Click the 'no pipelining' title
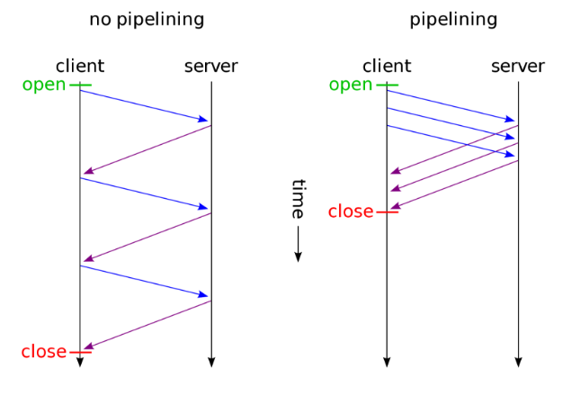pos(146,19)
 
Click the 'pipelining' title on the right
pos(452,19)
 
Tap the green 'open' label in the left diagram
pos(44,85)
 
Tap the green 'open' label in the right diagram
pos(351,85)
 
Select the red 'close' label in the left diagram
pos(43,351)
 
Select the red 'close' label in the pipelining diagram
pos(350,211)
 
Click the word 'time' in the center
pos(299,199)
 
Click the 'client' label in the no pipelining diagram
pos(79,66)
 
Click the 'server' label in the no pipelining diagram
pos(211,66)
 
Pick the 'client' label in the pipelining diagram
pos(387,66)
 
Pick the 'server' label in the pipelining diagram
pos(518,66)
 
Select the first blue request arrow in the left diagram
pos(145,105)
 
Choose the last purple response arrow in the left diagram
pos(147,325)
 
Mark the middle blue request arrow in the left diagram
pos(145,193)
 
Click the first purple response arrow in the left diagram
pos(147,149)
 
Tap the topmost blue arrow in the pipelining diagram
pos(451,105)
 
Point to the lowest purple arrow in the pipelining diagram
pos(454,184)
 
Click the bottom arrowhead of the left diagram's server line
pos(211,362)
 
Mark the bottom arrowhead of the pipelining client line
pos(387,362)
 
